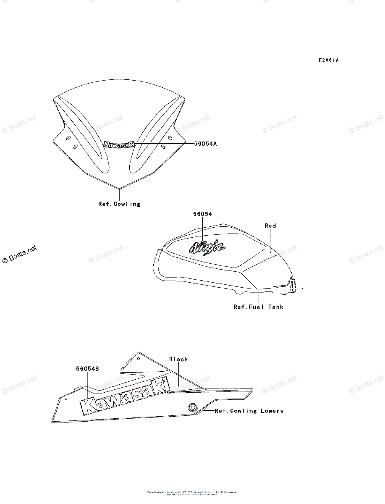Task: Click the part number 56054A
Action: pyautogui.click(x=205, y=143)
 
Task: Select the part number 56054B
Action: pyautogui.click(x=87, y=369)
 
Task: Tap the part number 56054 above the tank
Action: pyautogui.click(x=202, y=214)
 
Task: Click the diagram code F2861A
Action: pyautogui.click(x=328, y=60)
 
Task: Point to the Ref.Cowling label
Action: pyautogui.click(x=119, y=204)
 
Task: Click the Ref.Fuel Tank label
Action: pyautogui.click(x=258, y=307)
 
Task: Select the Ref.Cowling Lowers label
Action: pyautogui.click(x=249, y=411)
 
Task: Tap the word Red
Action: pyautogui.click(x=270, y=226)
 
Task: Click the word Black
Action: pyautogui.click(x=178, y=359)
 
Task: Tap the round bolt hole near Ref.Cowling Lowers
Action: pyautogui.click(x=193, y=407)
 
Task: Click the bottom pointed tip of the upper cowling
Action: pyautogui.click(x=120, y=188)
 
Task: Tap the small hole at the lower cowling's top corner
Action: pyautogui.click(x=139, y=359)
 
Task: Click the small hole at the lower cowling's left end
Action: pyautogui.click(x=66, y=398)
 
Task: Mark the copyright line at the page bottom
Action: pyautogui.click(x=192, y=493)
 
